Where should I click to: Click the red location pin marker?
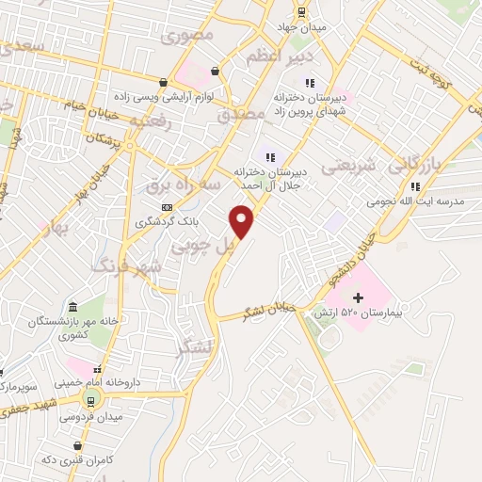pos(243,222)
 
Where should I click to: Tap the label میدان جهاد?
pos(300,26)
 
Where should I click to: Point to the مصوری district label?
pos(188,36)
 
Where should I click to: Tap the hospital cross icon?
pos(358,297)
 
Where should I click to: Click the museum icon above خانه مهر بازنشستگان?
pos(74,307)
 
